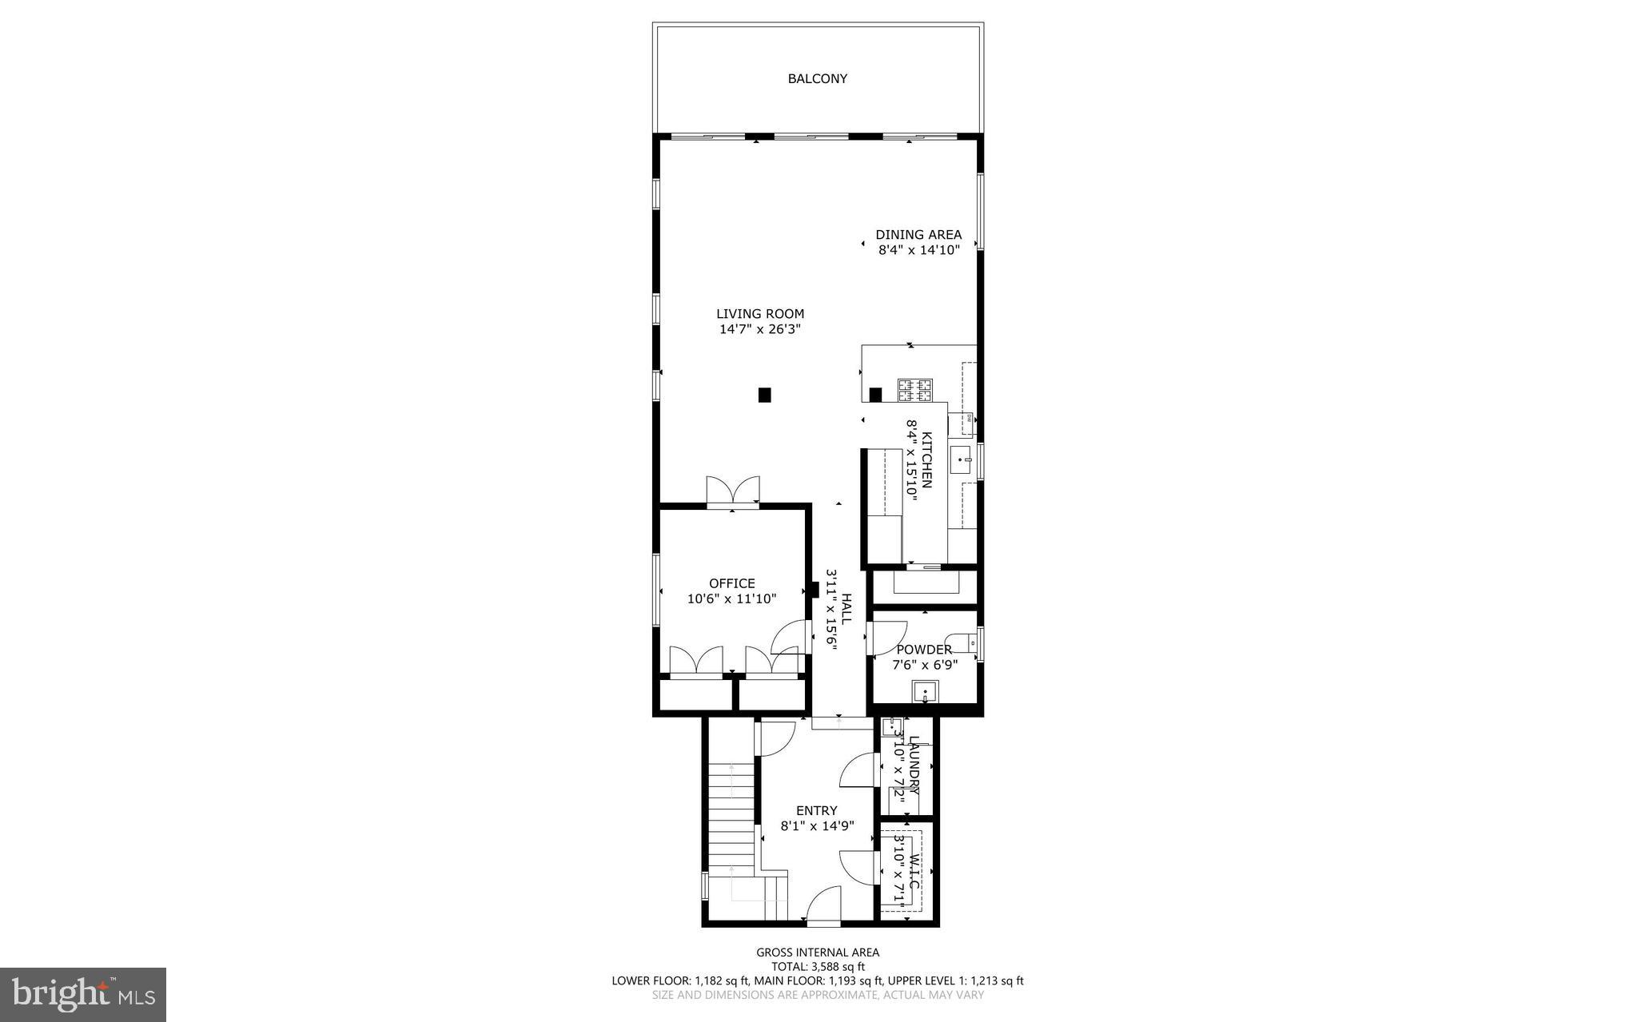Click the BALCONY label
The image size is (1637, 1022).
coord(817,78)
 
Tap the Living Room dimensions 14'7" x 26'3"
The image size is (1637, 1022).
coord(760,329)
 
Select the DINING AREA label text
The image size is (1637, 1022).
coord(918,235)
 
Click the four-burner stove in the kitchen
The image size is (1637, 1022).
coord(915,390)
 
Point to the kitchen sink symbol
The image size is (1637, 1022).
coord(961,459)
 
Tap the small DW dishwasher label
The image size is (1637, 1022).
coord(968,418)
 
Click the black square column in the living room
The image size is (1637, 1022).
coord(764,394)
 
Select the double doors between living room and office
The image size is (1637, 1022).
coord(733,491)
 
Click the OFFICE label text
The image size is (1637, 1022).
coord(731,583)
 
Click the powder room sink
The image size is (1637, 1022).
coord(926,691)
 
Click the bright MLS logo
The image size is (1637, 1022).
coord(83,994)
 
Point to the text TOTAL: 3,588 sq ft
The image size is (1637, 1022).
coord(817,966)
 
